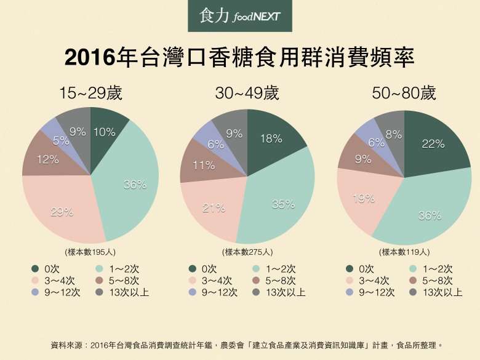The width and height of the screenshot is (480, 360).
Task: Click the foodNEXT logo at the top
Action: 240,17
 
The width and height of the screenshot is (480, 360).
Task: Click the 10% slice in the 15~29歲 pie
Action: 105,132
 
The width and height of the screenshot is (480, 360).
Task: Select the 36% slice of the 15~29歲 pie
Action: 134,184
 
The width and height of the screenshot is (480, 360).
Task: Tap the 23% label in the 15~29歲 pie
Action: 62,212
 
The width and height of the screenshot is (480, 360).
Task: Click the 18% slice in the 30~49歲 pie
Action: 271,139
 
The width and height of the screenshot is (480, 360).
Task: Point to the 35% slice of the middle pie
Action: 282,205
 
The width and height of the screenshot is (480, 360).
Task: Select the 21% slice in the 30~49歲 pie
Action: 213,208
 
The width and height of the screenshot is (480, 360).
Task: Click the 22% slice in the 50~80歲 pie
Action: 433,144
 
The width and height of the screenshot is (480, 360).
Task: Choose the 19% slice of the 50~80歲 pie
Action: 364,198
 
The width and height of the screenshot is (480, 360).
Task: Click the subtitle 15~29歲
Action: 90,94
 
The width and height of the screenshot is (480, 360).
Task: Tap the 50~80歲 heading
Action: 404,94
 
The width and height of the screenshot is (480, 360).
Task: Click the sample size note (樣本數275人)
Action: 247,252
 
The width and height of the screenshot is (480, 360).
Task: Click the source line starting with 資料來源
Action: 246,345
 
